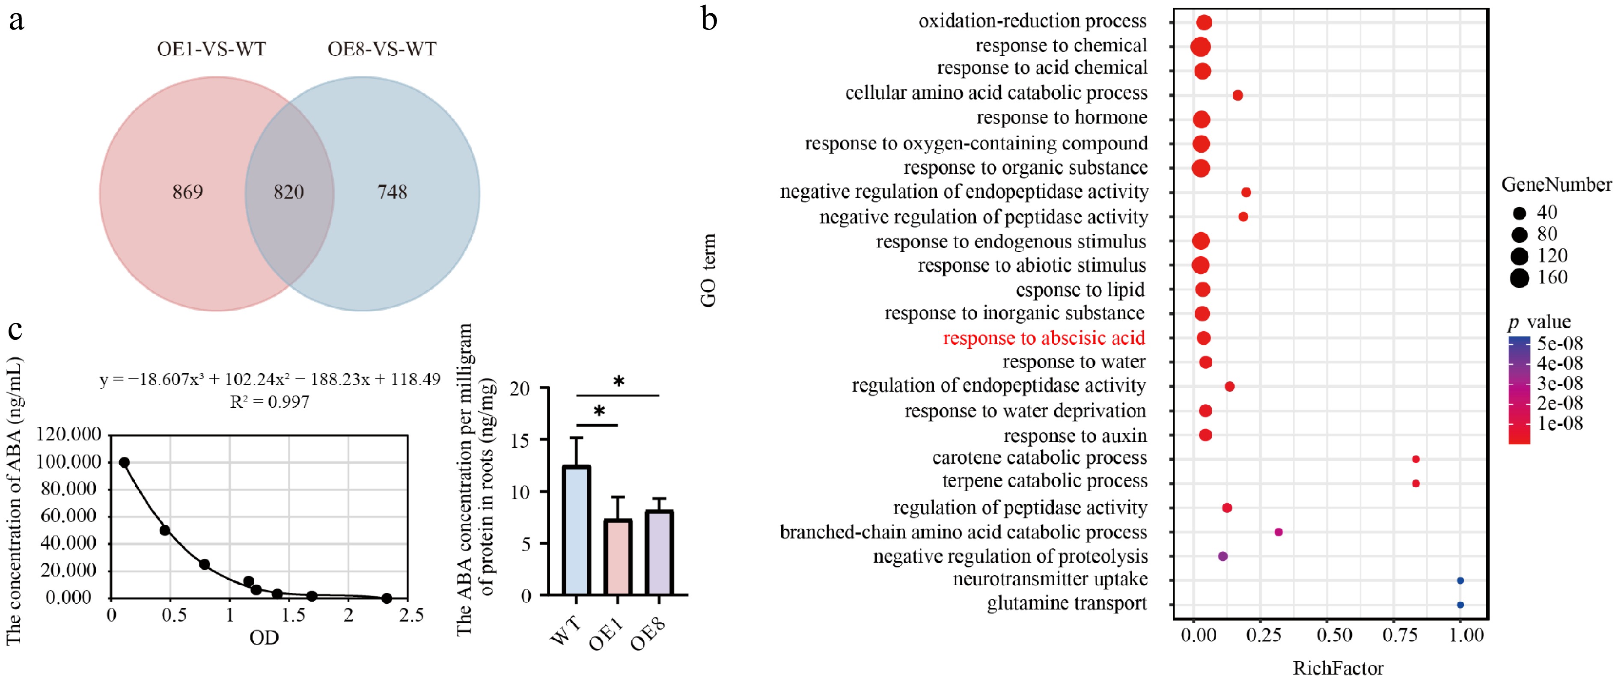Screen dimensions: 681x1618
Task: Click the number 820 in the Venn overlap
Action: [289, 192]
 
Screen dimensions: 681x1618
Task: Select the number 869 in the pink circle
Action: [188, 192]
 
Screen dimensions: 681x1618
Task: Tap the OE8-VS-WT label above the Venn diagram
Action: [382, 49]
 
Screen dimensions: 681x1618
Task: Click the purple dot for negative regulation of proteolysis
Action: [1222, 556]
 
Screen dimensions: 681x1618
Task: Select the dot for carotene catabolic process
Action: [1416, 459]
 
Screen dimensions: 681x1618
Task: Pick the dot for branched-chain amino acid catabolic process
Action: [1278, 532]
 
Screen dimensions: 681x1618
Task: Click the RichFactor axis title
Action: [1338, 668]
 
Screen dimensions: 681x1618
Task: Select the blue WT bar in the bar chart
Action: [576, 531]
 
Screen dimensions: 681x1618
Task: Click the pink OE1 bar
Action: [617, 557]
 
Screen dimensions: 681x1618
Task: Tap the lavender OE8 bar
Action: [659, 553]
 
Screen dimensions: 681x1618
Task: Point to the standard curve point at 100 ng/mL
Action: [125, 462]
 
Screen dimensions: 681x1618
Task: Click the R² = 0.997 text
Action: [270, 402]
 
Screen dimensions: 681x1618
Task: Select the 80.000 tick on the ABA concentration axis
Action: [70, 489]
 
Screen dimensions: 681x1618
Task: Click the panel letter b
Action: [709, 19]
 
